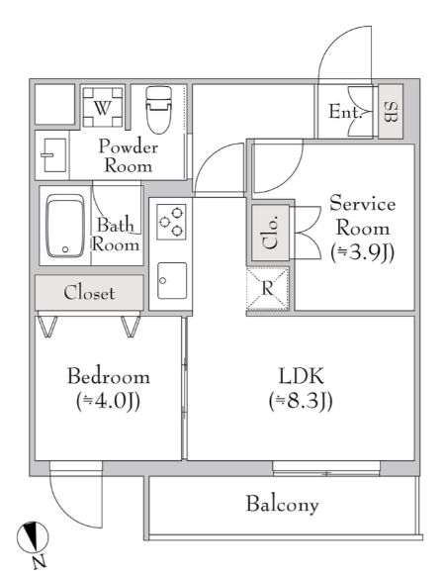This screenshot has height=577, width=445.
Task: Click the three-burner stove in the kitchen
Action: click(171, 222)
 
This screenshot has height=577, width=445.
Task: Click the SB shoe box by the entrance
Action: click(390, 111)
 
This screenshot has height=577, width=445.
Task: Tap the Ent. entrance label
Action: click(345, 113)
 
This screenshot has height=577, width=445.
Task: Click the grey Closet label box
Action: click(89, 293)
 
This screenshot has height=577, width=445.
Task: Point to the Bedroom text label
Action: click(108, 377)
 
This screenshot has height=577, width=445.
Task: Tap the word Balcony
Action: click(282, 505)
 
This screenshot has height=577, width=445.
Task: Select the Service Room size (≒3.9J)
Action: click(362, 251)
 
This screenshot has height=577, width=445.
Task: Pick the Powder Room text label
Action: click(129, 155)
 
